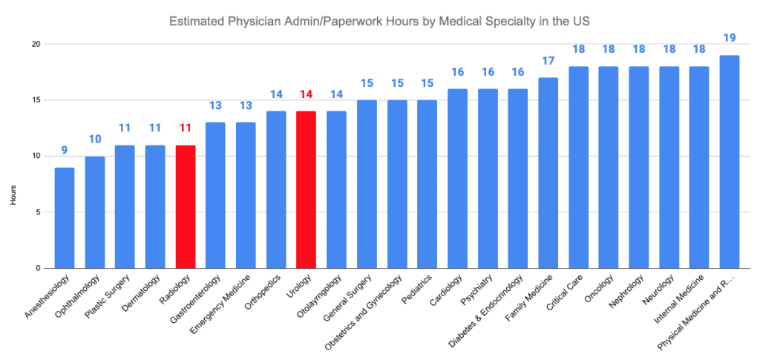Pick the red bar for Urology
(x=306, y=189)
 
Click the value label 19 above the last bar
(x=729, y=38)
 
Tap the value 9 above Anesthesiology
(x=65, y=150)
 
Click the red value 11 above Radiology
(x=186, y=128)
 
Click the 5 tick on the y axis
(x=37, y=212)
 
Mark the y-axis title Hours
(x=11, y=156)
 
